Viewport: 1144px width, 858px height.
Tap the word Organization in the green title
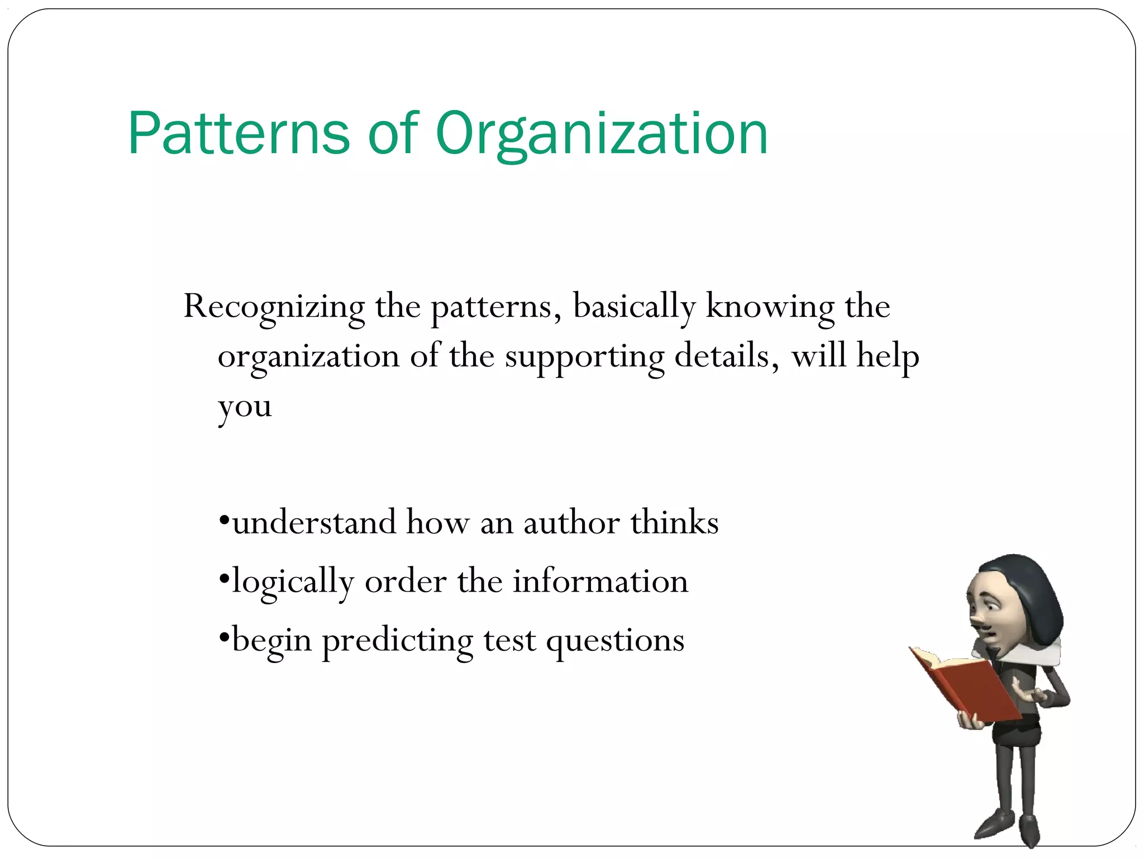pyautogui.click(x=602, y=134)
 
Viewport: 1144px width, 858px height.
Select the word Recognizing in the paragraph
pyautogui.click(x=274, y=307)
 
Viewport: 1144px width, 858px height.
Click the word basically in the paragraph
pyautogui.click(x=634, y=307)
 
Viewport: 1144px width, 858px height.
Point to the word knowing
pyautogui.click(x=770, y=307)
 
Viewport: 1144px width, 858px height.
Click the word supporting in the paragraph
pyautogui.click(x=584, y=356)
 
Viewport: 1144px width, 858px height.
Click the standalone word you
pyautogui.click(x=245, y=407)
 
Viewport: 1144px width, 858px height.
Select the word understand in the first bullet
pyautogui.click(x=314, y=523)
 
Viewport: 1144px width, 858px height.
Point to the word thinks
pyautogui.click(x=674, y=523)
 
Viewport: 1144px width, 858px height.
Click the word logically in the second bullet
pyautogui.click(x=293, y=582)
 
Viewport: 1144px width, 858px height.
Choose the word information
pyautogui.click(x=600, y=581)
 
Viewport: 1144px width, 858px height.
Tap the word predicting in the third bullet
pyautogui.click(x=397, y=641)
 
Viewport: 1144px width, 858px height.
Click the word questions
pyautogui.click(x=615, y=641)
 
